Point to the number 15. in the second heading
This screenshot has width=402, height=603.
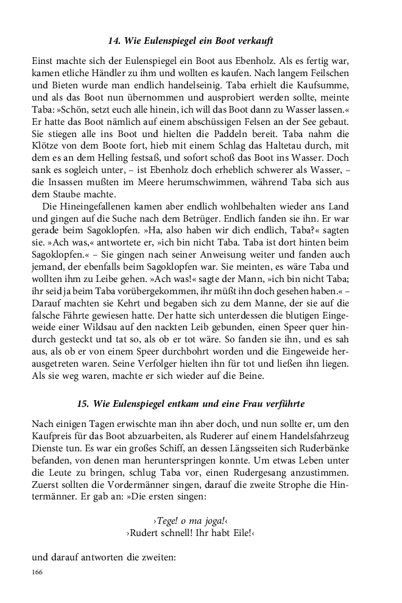coord(84,403)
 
